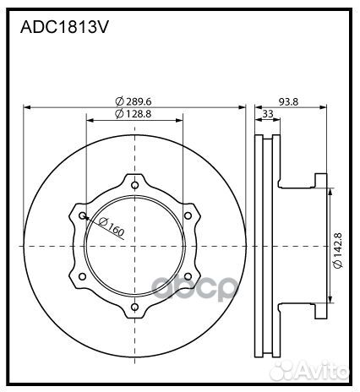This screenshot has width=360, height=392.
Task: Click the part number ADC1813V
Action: (x=64, y=26)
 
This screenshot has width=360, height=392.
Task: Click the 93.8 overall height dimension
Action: (x=289, y=101)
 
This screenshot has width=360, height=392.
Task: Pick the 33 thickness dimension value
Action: (x=268, y=114)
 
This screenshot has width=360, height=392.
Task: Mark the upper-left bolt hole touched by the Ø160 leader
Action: (x=83, y=216)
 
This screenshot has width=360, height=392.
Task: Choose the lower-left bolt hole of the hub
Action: (x=83, y=277)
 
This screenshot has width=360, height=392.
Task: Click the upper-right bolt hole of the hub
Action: (x=188, y=216)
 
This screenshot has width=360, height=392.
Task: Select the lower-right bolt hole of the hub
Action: (x=188, y=277)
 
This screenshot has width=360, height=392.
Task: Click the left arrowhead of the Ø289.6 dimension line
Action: (x=27, y=107)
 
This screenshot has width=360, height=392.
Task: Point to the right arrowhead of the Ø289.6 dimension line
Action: (x=242, y=107)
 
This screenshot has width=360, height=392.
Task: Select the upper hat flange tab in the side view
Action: (x=319, y=179)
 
